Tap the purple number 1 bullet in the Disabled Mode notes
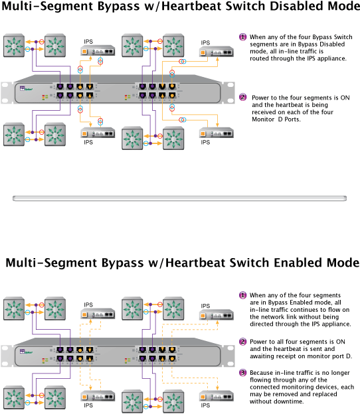(x=242, y=36)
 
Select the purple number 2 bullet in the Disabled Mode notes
(x=242, y=97)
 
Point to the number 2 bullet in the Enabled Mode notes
(x=242, y=342)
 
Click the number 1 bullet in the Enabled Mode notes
(x=242, y=295)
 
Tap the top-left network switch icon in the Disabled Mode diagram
(x=14, y=46)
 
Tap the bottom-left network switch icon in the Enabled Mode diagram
(x=14, y=396)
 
